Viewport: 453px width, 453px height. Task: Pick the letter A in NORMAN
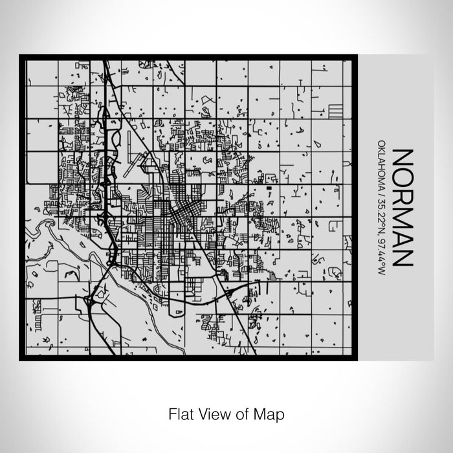[x=401, y=238]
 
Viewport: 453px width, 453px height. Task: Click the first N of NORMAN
[x=401, y=159]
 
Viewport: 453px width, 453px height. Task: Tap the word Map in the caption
[x=271, y=414]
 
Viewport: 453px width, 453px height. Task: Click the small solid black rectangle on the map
[x=268, y=188]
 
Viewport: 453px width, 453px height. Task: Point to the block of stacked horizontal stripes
[x=335, y=111]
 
